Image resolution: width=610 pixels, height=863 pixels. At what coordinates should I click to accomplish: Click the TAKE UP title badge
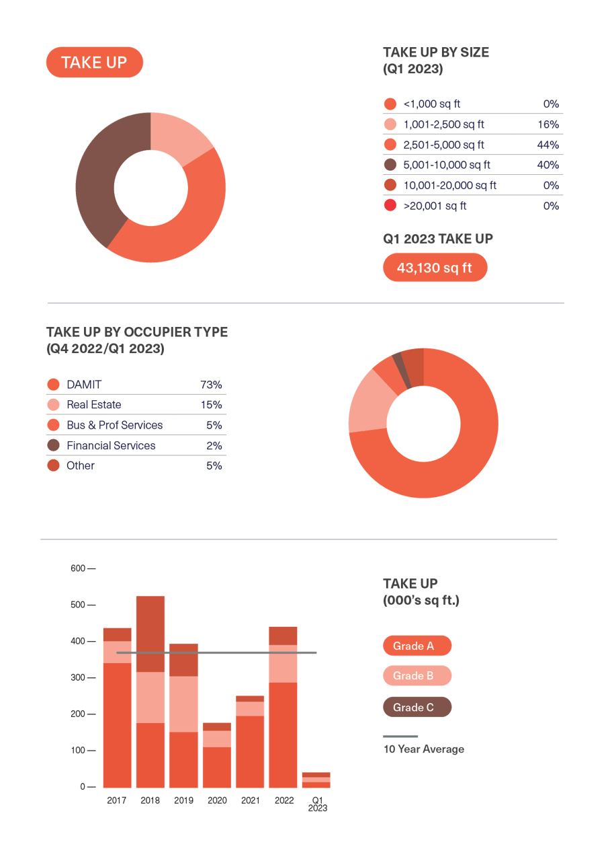click(94, 63)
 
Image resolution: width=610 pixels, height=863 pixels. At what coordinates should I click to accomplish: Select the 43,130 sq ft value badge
click(435, 268)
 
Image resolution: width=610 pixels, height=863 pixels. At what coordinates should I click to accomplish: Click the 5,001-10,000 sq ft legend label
click(447, 165)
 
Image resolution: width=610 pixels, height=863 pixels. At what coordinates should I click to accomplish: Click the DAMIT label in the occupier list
click(84, 385)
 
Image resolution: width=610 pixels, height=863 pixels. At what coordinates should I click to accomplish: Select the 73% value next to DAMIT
click(211, 385)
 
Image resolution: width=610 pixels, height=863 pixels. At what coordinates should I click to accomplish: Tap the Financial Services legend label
click(111, 445)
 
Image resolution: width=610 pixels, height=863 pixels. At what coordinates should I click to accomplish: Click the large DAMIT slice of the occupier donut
click(457, 457)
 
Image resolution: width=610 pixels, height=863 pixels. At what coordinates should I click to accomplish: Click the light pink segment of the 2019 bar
click(183, 704)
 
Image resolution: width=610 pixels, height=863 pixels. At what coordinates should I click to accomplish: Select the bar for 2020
click(216, 757)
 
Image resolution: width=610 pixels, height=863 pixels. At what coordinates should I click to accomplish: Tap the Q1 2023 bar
click(316, 780)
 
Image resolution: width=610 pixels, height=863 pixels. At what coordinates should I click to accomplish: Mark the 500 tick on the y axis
click(79, 605)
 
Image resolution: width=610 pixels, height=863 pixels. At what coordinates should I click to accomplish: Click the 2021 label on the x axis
click(250, 800)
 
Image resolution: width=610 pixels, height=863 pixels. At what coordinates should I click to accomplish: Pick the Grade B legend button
click(417, 676)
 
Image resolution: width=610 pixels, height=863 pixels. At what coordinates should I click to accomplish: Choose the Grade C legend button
click(417, 707)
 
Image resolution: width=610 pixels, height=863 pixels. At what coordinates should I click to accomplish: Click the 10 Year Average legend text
click(423, 749)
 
